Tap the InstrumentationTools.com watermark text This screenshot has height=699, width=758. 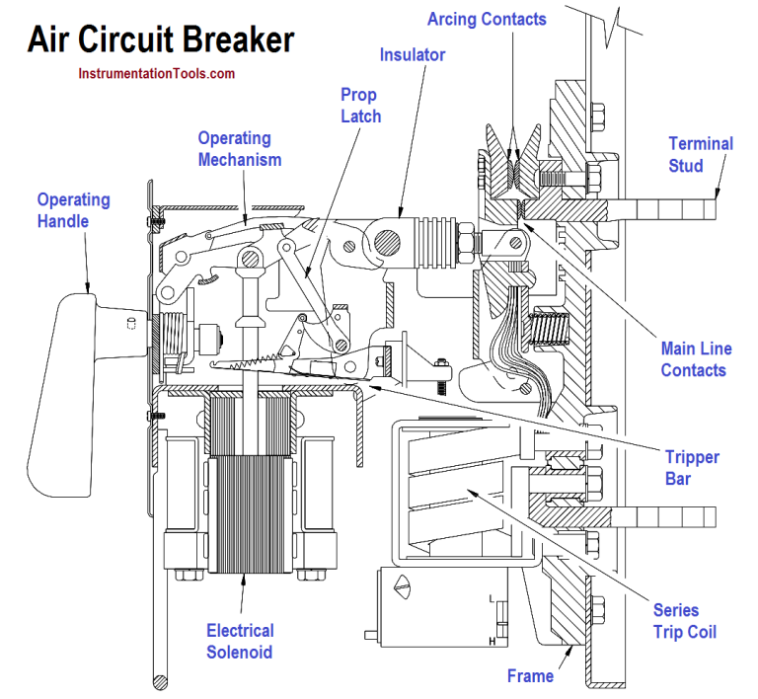coord(156,73)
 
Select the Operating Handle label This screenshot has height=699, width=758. coord(73,210)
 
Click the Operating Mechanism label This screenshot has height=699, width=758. coord(240,149)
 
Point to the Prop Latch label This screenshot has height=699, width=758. coord(360,105)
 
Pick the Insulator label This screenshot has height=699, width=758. coord(413,55)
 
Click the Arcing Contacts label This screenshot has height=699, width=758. coord(487,19)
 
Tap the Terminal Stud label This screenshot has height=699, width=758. coord(701,154)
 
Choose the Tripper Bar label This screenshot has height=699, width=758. coord(692,468)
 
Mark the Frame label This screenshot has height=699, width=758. coord(530,676)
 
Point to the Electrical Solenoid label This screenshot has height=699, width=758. coord(241,641)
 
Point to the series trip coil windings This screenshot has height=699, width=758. coord(454,484)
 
